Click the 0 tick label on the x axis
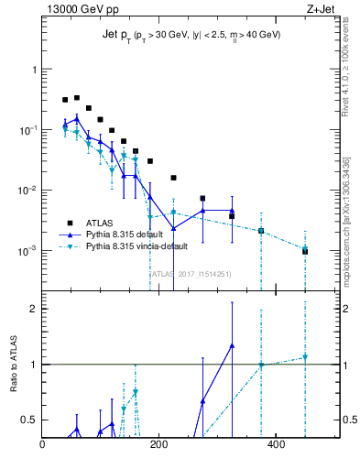click(x=43, y=445)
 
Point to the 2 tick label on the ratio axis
click(x=32, y=309)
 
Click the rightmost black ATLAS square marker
click(x=305, y=251)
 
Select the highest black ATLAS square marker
click(x=77, y=97)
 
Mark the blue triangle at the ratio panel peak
click(x=232, y=345)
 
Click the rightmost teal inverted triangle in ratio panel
click(x=305, y=357)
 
